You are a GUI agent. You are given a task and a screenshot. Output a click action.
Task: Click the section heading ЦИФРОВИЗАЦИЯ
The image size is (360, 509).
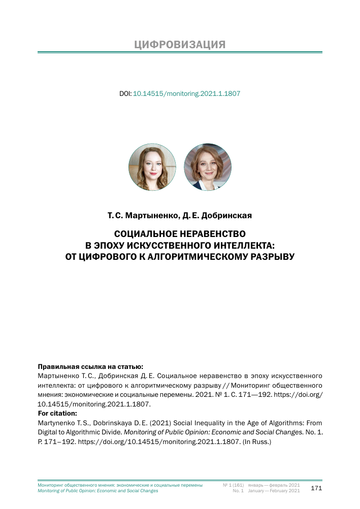[180, 45]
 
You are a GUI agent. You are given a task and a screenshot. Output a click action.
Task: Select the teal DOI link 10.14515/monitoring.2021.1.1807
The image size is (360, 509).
[186, 94]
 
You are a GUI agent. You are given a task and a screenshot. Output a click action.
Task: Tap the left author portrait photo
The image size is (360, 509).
[152, 166]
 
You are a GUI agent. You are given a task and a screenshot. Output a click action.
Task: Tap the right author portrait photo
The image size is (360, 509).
[208, 166]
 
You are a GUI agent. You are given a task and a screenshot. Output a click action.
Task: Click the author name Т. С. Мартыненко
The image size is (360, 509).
[142, 216]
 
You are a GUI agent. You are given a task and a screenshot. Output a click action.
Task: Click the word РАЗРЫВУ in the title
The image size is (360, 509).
[272, 256]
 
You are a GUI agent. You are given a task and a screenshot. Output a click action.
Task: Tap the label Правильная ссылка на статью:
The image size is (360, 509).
[90, 366]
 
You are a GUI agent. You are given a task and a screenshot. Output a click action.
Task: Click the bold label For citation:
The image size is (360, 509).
[57, 413]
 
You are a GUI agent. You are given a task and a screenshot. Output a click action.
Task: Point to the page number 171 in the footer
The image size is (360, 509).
[316, 488]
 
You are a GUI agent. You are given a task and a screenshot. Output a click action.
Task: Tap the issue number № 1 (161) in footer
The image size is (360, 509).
[234, 485]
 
